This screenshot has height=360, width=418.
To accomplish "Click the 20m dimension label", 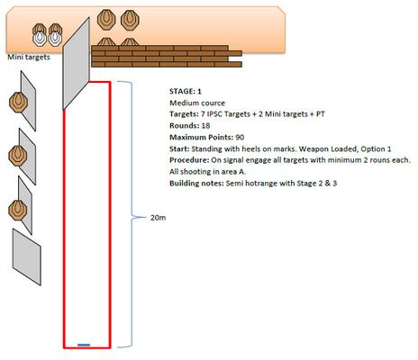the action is coord(158,218).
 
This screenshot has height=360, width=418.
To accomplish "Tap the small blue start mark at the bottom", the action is coord(84,345).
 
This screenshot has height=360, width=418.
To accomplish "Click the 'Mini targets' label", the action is coord(29,57).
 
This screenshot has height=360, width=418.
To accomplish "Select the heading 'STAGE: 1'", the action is coord(186,91).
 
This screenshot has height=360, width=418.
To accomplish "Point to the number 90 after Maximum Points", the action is coord(240,138).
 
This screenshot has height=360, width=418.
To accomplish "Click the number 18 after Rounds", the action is coord(205,126).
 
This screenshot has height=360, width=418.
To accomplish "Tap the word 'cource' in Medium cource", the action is coord(214,103).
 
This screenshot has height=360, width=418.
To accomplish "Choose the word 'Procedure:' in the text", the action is coord(189,160).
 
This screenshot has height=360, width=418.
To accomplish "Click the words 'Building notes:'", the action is coord(196,183).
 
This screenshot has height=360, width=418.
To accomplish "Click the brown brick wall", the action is coord(167,56).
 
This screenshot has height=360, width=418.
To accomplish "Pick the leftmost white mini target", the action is coord(40,39).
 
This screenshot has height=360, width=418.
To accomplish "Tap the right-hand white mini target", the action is coord(55,39).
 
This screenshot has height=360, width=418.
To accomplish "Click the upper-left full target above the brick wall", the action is coord(106,20).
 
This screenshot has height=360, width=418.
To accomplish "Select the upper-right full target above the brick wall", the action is coord(130,20).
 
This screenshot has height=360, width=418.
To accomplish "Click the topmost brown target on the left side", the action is coord(18,103).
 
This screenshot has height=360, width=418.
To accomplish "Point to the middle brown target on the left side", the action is coord(18,156).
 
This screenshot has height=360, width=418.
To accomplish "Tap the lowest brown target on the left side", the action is coord(18,211).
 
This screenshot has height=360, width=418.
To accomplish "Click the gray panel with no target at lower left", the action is coord(27,257).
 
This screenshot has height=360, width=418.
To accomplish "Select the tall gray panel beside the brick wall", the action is coord(77,64).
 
